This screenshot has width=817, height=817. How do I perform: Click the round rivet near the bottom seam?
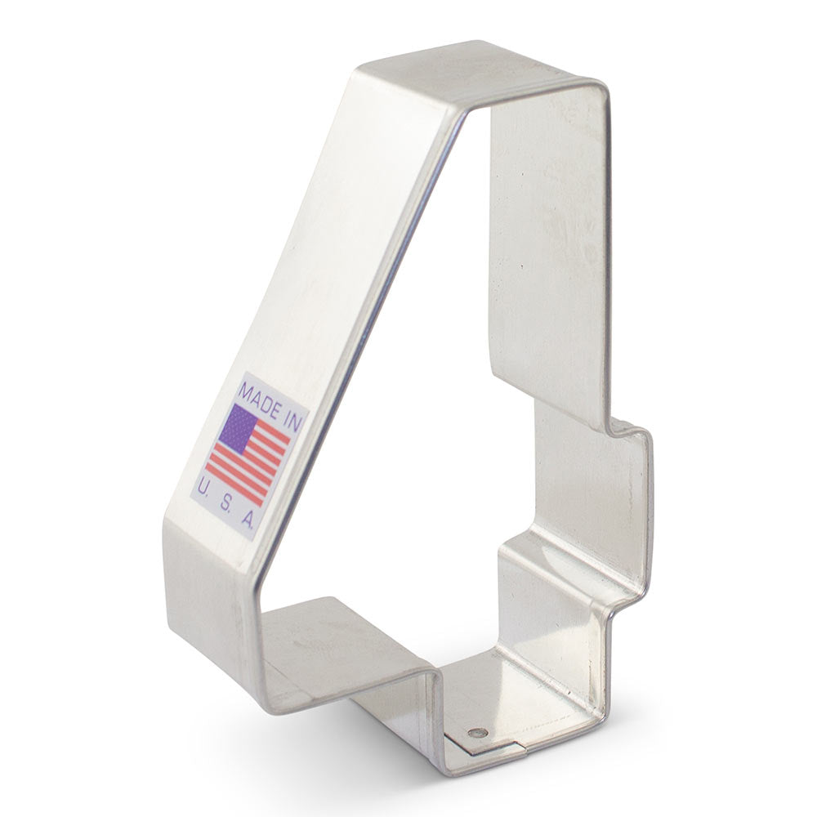[x=478, y=732]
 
